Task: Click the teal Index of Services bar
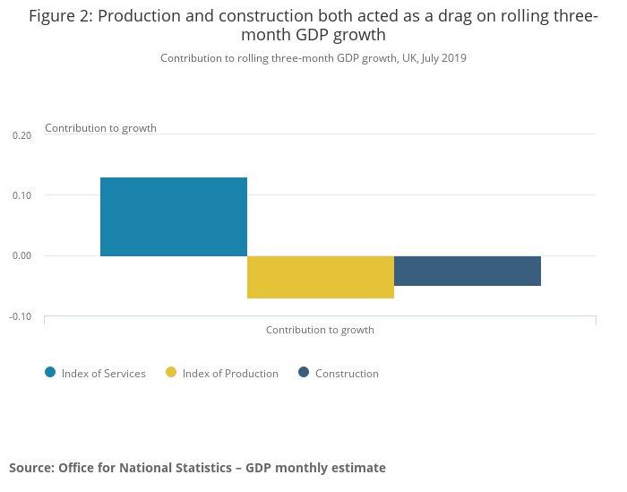pos(173,216)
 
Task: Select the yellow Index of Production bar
pos(320,277)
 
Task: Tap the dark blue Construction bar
pos(467,271)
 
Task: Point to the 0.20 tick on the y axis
pos(21,135)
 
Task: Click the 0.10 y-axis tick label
pos(21,195)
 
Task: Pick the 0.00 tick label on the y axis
pos(21,256)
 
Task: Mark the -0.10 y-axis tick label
pos(20,316)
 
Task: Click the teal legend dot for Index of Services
pos(50,373)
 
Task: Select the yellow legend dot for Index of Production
pos(171,373)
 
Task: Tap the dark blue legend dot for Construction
pos(304,373)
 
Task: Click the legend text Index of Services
pos(103,374)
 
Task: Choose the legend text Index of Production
pos(230,374)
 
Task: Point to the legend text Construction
pos(347,374)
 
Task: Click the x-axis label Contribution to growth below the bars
pos(320,330)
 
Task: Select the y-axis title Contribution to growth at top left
pos(100,128)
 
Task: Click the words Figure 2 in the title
pos(61,16)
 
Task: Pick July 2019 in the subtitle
pos(442,58)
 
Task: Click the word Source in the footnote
pos(30,468)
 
